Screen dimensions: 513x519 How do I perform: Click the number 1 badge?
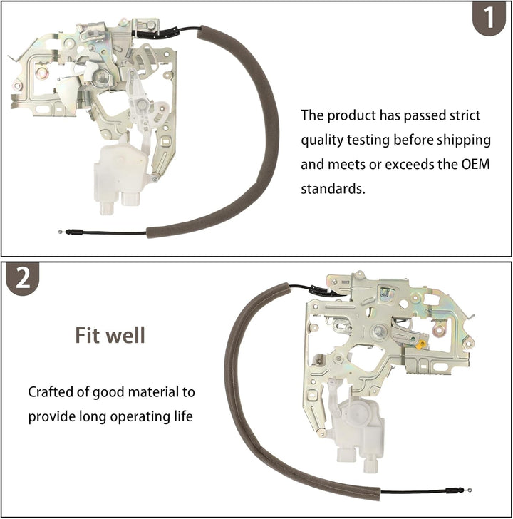(x=489, y=18)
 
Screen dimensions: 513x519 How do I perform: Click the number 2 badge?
(x=23, y=278)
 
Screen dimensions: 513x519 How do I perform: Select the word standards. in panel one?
(x=333, y=189)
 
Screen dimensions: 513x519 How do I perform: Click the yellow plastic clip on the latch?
(x=420, y=344)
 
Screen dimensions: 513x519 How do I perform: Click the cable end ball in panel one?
(x=60, y=232)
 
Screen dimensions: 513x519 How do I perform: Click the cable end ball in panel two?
(x=470, y=490)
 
